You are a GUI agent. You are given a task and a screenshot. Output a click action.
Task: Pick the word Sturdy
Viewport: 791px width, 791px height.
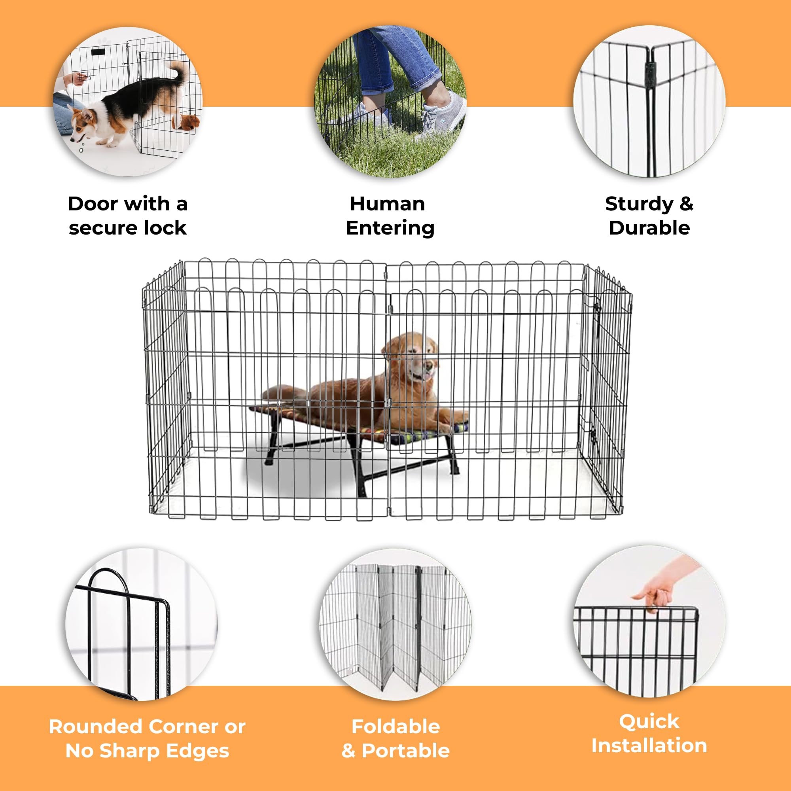(x=639, y=204)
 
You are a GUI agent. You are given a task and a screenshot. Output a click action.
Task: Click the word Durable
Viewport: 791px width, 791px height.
(x=649, y=228)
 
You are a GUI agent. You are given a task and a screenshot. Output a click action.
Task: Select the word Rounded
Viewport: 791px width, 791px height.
(x=95, y=727)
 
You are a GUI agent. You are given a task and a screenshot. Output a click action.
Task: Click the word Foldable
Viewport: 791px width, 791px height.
(x=395, y=727)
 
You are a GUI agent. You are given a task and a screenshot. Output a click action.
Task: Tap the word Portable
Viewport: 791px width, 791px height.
(x=406, y=751)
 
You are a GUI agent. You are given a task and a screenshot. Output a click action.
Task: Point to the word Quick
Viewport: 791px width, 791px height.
(x=649, y=722)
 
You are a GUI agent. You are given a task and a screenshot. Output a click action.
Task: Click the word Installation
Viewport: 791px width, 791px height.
(x=649, y=746)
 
